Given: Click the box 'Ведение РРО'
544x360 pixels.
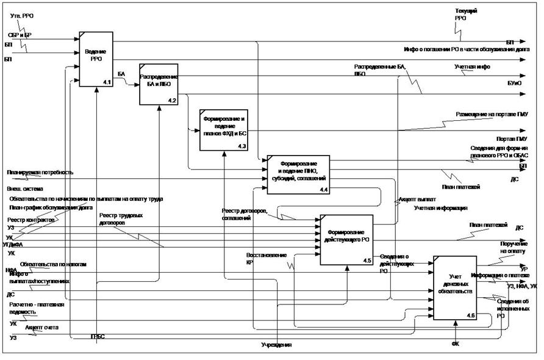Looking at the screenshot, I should coord(96,58).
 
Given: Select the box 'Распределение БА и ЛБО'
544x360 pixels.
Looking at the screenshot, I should coord(158,84).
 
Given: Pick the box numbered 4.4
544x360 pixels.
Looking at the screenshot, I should coord(298,175).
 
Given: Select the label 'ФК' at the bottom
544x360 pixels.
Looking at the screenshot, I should coord(455,344).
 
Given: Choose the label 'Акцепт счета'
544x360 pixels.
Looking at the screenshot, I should coord(41,328).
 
